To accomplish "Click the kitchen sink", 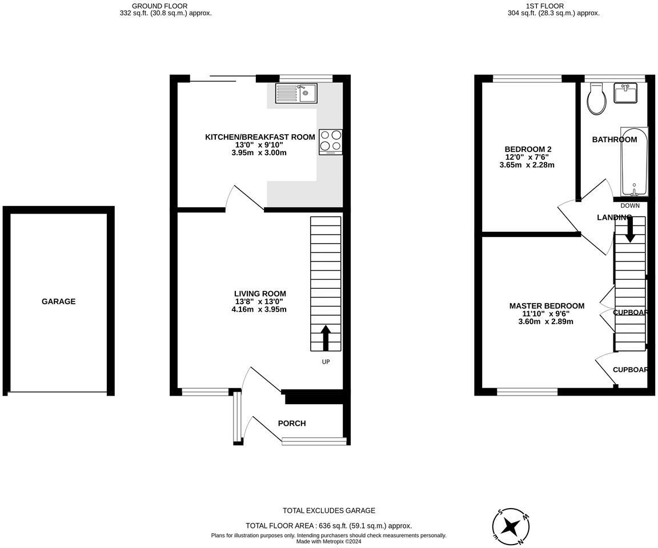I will point(296,92).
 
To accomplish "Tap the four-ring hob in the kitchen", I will point(331,141).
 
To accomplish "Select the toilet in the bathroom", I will point(596,99).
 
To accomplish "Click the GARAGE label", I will point(58,301).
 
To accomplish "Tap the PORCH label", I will point(292,424).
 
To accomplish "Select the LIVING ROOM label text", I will point(260,293).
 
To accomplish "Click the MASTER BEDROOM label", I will point(547,306).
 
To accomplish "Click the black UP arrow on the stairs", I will point(326,337).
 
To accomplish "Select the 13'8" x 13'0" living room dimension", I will point(259,301).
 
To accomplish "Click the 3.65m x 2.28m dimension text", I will point(527,165).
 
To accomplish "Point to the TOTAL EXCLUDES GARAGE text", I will point(329,511).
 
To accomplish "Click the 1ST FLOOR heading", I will point(553,6).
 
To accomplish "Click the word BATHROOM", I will point(614,139).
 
